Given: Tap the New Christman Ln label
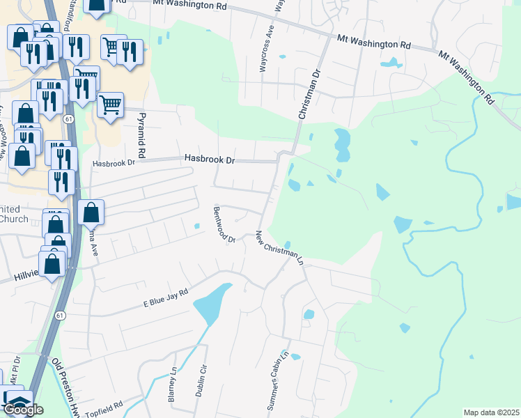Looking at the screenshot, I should [x=280, y=247].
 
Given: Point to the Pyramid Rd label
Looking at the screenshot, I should [x=141, y=134].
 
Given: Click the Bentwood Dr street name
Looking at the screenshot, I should [x=225, y=224].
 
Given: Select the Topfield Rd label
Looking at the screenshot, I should [x=104, y=408].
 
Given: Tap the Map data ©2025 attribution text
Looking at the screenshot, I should [x=491, y=412].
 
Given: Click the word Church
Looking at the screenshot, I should [x=14, y=219].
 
